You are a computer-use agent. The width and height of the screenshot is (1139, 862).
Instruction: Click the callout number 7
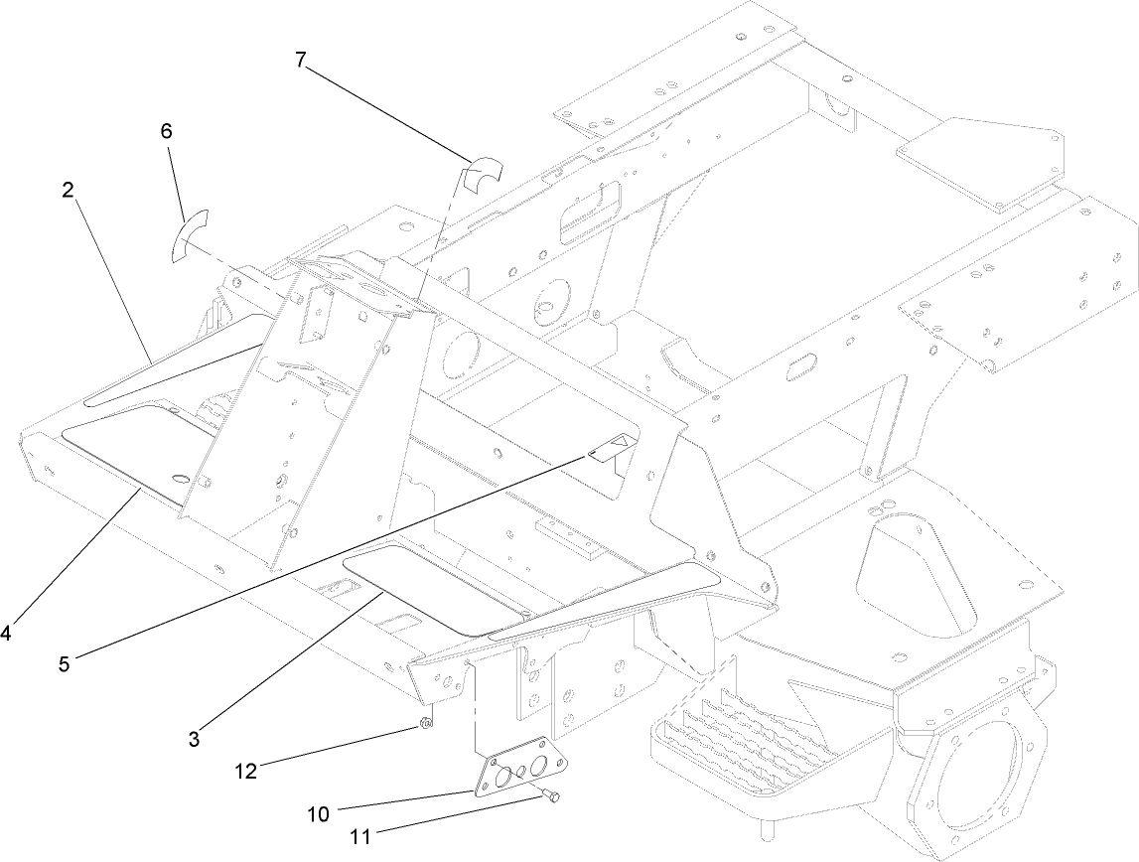click(301, 59)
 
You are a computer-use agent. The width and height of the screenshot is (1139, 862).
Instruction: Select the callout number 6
click(166, 130)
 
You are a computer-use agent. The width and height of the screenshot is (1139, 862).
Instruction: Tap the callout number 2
click(68, 192)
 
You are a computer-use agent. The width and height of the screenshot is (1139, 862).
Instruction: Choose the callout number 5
click(65, 664)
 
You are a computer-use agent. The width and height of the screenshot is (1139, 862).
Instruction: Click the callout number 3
click(196, 738)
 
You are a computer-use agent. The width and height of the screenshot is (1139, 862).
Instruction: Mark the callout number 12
click(245, 770)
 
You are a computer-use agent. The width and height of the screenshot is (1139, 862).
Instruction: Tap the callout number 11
click(359, 837)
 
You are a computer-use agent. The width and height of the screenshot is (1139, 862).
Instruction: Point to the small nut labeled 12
click(423, 724)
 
